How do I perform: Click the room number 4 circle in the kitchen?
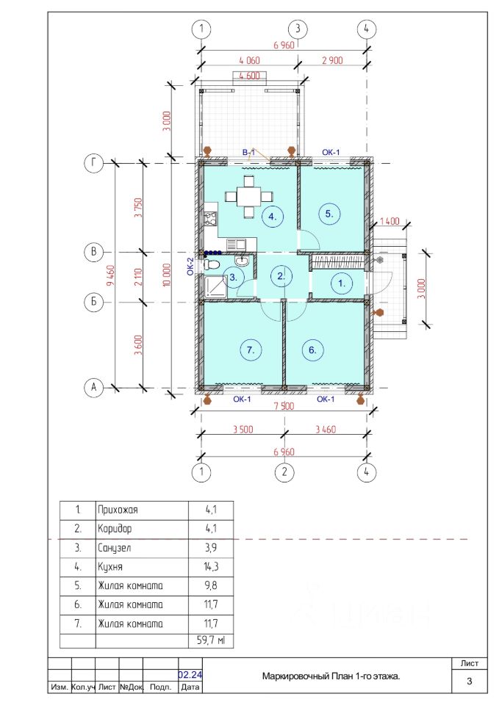tap(273, 216)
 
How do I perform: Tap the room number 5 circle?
tap(329, 214)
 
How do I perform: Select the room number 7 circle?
tap(251, 350)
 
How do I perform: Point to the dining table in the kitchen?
tap(248, 197)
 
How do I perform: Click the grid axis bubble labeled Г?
tap(93, 163)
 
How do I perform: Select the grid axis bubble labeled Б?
tap(93, 302)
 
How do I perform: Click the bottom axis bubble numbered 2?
tap(284, 472)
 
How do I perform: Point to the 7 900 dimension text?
tap(284, 406)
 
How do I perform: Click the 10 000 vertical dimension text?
tap(167, 275)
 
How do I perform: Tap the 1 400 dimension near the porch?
tap(389, 221)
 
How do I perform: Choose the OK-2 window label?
tap(191, 267)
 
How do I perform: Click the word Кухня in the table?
tap(110, 566)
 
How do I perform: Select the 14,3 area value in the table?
tap(211, 566)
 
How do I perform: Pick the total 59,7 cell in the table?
tap(211, 640)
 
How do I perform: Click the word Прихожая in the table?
tap(118, 510)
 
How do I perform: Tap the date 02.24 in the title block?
tap(190, 674)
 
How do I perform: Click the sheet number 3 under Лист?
tap(470, 681)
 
